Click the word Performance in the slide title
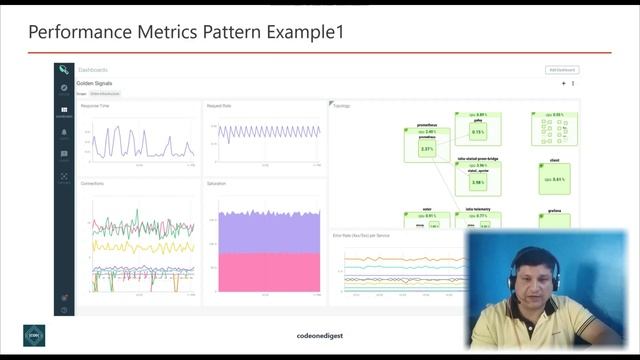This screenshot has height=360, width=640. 76,32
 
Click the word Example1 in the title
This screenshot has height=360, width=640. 299,32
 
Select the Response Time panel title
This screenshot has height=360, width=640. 96,105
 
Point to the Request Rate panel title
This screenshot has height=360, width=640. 219,105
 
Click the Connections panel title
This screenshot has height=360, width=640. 92,184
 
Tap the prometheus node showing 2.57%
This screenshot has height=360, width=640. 427,149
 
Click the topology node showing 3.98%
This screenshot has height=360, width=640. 477,182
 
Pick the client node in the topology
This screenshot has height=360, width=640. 554,178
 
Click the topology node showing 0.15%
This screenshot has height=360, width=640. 478,132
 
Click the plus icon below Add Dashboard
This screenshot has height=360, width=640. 564,84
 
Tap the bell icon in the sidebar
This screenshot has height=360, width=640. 64,132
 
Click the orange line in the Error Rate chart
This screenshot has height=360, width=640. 400,259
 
